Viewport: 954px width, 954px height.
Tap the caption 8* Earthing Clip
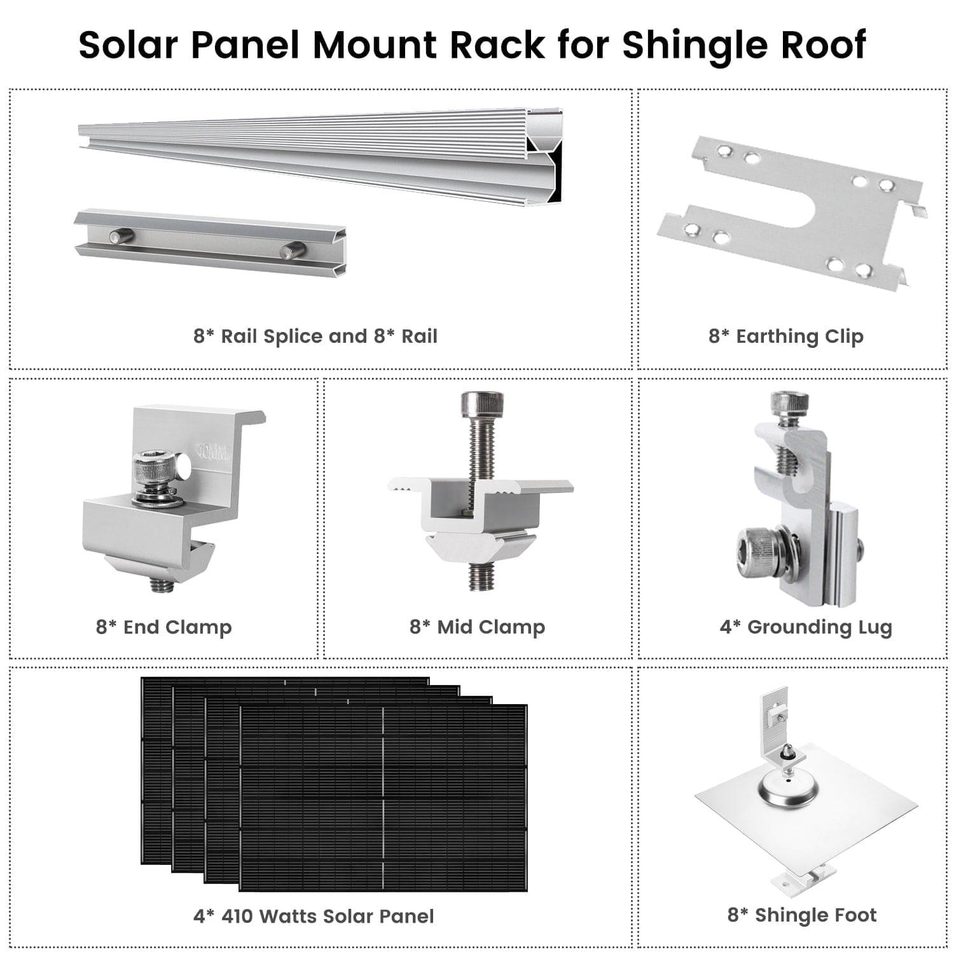[x=786, y=336]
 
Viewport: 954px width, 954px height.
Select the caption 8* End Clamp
[x=163, y=627]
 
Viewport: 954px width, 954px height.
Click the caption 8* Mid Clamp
[x=477, y=627]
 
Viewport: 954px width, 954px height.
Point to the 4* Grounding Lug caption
[x=806, y=627]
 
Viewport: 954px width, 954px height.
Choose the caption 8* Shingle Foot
[x=801, y=915]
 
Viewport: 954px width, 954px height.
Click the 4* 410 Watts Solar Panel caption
[x=314, y=916]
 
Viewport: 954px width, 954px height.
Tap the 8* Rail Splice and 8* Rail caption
[x=315, y=336]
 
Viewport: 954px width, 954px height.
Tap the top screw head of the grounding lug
[x=789, y=403]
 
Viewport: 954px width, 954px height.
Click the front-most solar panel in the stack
[x=383, y=798]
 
